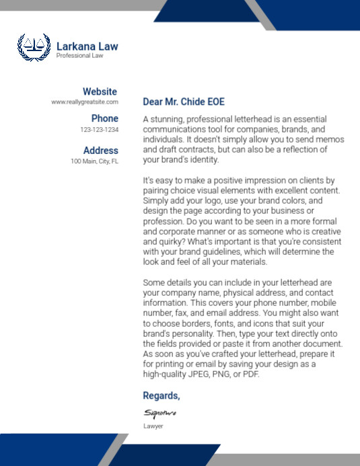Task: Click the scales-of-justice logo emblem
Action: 34,47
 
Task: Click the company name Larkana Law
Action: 87,46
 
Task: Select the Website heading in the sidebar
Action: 100,91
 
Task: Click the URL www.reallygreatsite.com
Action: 85,102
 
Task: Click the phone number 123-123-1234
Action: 99,129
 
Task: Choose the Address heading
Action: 100,151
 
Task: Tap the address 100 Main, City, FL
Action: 94,161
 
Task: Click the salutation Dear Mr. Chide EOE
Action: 184,102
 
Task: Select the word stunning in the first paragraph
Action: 168,119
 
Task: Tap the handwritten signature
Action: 159,412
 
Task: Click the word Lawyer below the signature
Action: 153,426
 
